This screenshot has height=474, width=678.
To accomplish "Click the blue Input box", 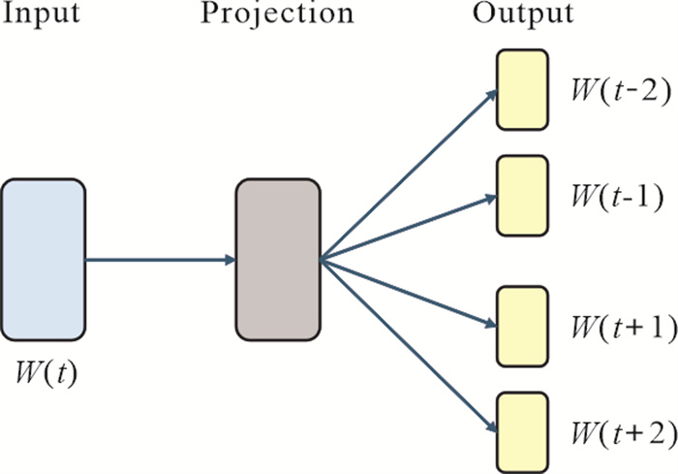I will pyautogui.click(x=44, y=260).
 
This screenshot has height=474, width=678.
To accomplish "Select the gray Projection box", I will pyautogui.click(x=278, y=260).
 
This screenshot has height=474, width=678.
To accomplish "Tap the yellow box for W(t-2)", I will pyautogui.click(x=524, y=89).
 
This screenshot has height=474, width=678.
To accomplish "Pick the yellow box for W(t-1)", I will pyautogui.click(x=524, y=195).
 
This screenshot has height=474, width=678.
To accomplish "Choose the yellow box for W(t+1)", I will pyautogui.click(x=524, y=327).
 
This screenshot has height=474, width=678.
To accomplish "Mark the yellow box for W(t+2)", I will pyautogui.click(x=524, y=430).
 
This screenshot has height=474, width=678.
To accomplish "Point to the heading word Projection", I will pyautogui.click(x=277, y=16).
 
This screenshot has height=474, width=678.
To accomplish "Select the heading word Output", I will pyautogui.click(x=523, y=16).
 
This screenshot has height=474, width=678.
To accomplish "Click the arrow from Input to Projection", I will pyautogui.click(x=160, y=260).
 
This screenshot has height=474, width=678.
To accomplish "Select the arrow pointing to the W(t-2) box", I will pyautogui.click(x=407, y=175).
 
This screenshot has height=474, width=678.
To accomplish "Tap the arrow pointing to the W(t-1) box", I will pyautogui.click(x=407, y=228).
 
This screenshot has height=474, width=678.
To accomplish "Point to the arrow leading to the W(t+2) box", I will pyautogui.click(x=407, y=344).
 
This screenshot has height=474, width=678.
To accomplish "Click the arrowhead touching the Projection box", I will pyautogui.click(x=231, y=260).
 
